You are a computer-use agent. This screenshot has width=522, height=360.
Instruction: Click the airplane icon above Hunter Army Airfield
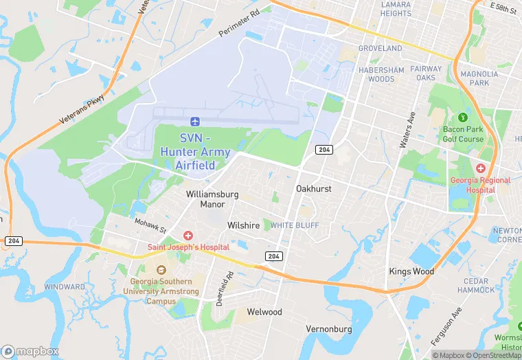click(196, 122)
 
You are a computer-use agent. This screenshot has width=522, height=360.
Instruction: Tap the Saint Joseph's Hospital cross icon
click(188, 236)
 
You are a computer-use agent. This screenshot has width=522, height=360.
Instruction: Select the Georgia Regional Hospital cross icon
click(481, 168)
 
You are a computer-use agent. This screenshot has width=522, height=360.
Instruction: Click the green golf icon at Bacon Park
click(462, 117)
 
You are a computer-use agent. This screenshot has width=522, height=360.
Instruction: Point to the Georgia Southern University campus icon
click(161, 270)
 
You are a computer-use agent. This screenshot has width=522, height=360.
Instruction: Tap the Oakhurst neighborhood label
click(314, 188)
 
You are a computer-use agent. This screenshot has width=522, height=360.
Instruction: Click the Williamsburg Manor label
click(212, 199)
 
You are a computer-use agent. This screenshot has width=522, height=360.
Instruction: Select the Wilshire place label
click(244, 225)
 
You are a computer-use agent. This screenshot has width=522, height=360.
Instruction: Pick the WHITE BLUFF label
click(295, 225)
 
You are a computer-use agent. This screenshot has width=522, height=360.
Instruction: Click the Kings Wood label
click(411, 271)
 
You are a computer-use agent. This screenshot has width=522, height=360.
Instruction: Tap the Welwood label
click(264, 312)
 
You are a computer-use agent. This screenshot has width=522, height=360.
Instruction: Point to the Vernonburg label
click(329, 329)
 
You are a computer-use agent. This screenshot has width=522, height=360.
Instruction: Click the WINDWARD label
click(65, 286)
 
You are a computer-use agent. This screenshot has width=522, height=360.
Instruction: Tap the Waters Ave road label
click(408, 130)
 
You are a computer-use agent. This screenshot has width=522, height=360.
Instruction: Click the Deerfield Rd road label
click(225, 289)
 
